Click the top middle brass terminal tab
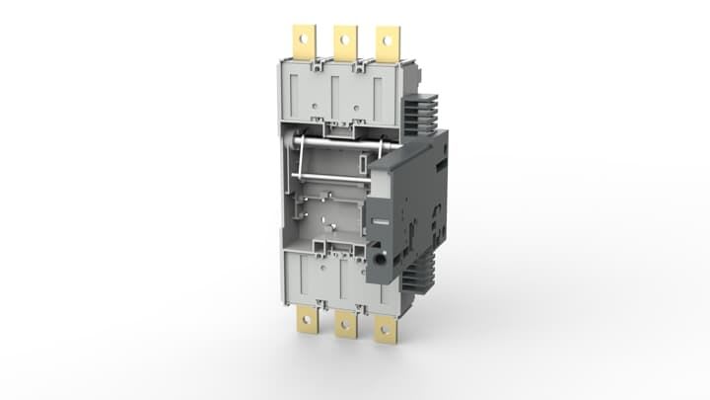pyautogui.click(x=344, y=41)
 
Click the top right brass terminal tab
pyautogui.click(x=389, y=41)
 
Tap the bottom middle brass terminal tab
pyautogui.click(x=346, y=324)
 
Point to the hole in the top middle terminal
pyautogui.click(x=344, y=39)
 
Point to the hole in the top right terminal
pyautogui.click(x=389, y=40)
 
